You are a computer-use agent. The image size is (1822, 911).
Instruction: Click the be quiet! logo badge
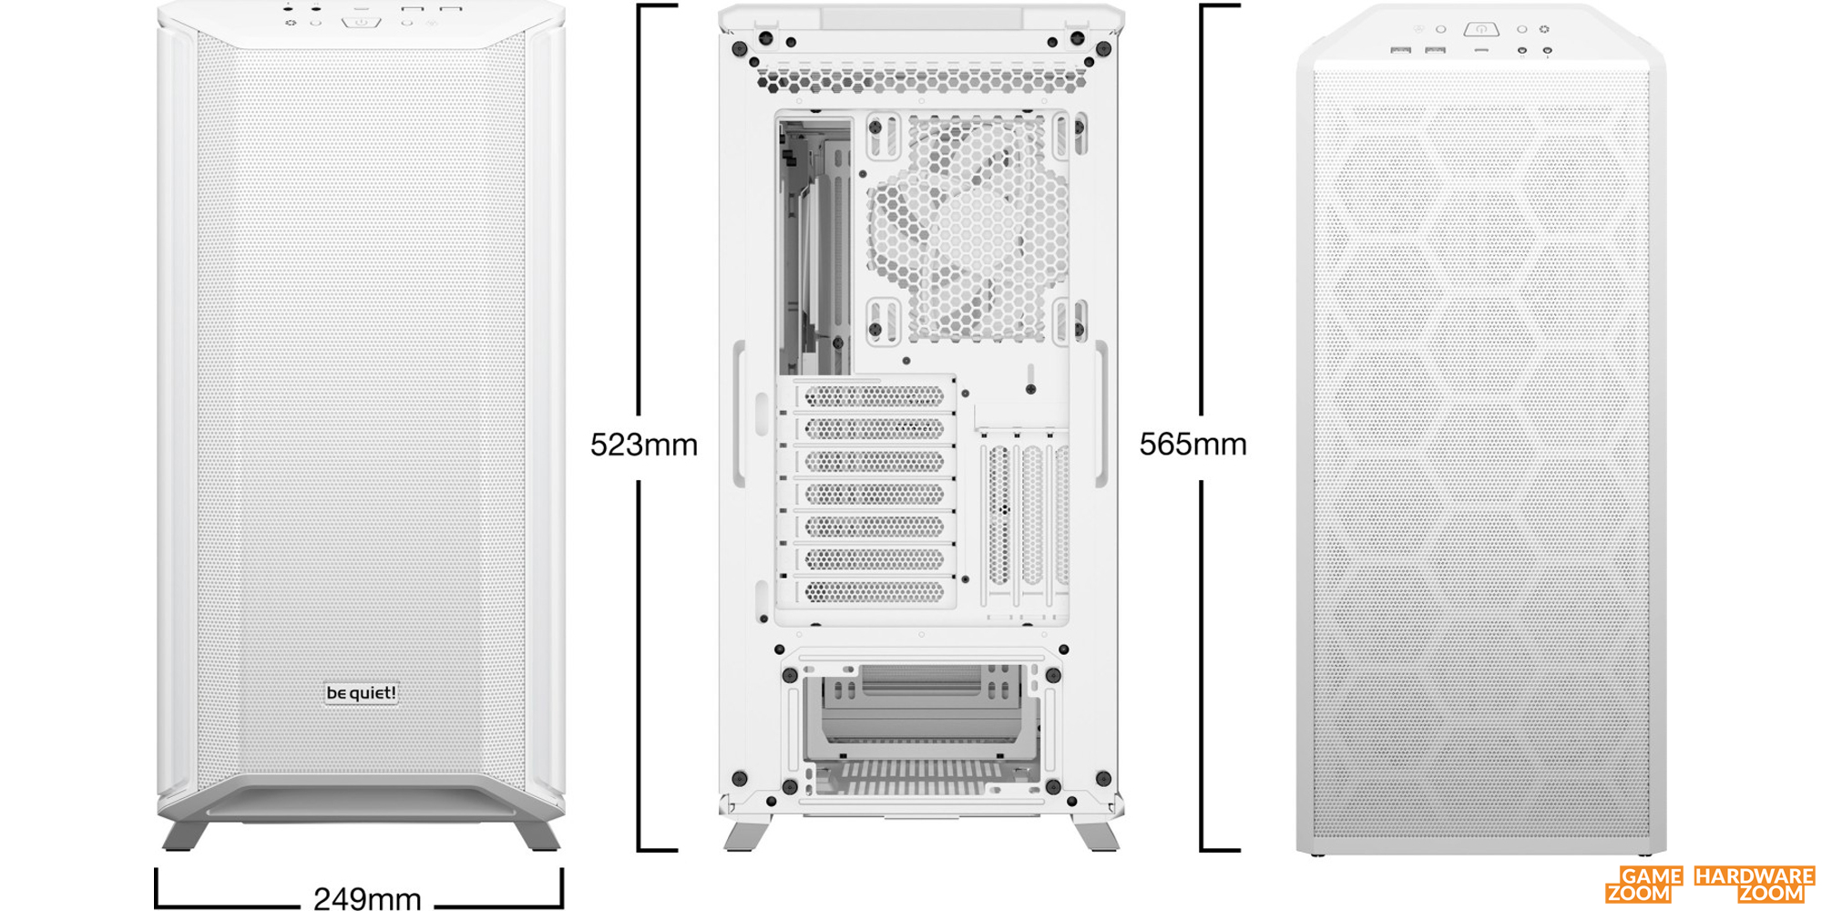(362, 693)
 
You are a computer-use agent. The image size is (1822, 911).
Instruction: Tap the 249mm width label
(367, 898)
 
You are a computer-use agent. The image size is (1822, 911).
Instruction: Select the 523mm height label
(644, 445)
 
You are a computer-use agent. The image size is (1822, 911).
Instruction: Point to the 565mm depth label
(1193, 444)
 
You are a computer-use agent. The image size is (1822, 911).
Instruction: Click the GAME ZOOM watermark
(1644, 885)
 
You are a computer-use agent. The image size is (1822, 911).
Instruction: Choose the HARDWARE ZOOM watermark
(1755, 885)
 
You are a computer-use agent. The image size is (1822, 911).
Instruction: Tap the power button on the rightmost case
(1481, 29)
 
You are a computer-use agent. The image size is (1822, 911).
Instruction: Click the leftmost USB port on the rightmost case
(1401, 49)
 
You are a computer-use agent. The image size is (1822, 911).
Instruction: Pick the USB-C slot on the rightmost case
(1482, 50)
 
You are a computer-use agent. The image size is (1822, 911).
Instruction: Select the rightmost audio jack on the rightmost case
(1547, 50)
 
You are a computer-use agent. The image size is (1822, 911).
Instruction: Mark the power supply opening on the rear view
(922, 729)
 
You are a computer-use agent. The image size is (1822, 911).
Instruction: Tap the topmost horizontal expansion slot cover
(874, 395)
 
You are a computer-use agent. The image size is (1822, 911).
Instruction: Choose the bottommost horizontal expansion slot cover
(874, 592)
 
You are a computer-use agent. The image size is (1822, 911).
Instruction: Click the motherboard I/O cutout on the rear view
(815, 246)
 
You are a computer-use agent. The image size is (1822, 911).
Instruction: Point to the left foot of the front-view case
(185, 834)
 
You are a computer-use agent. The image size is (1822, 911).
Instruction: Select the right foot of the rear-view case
(1097, 833)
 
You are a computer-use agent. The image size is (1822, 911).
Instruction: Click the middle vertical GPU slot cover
(1032, 516)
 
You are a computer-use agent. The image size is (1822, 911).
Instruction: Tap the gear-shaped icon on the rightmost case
(1544, 29)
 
